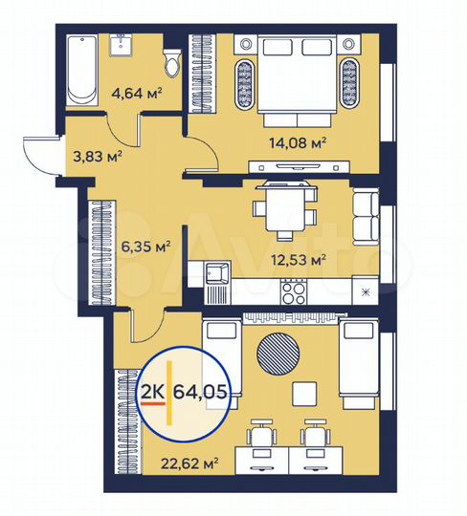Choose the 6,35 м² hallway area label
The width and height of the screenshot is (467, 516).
tap(143, 246)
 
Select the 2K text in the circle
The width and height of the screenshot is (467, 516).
tap(151, 393)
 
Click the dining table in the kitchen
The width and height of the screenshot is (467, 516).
tap(283, 211)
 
